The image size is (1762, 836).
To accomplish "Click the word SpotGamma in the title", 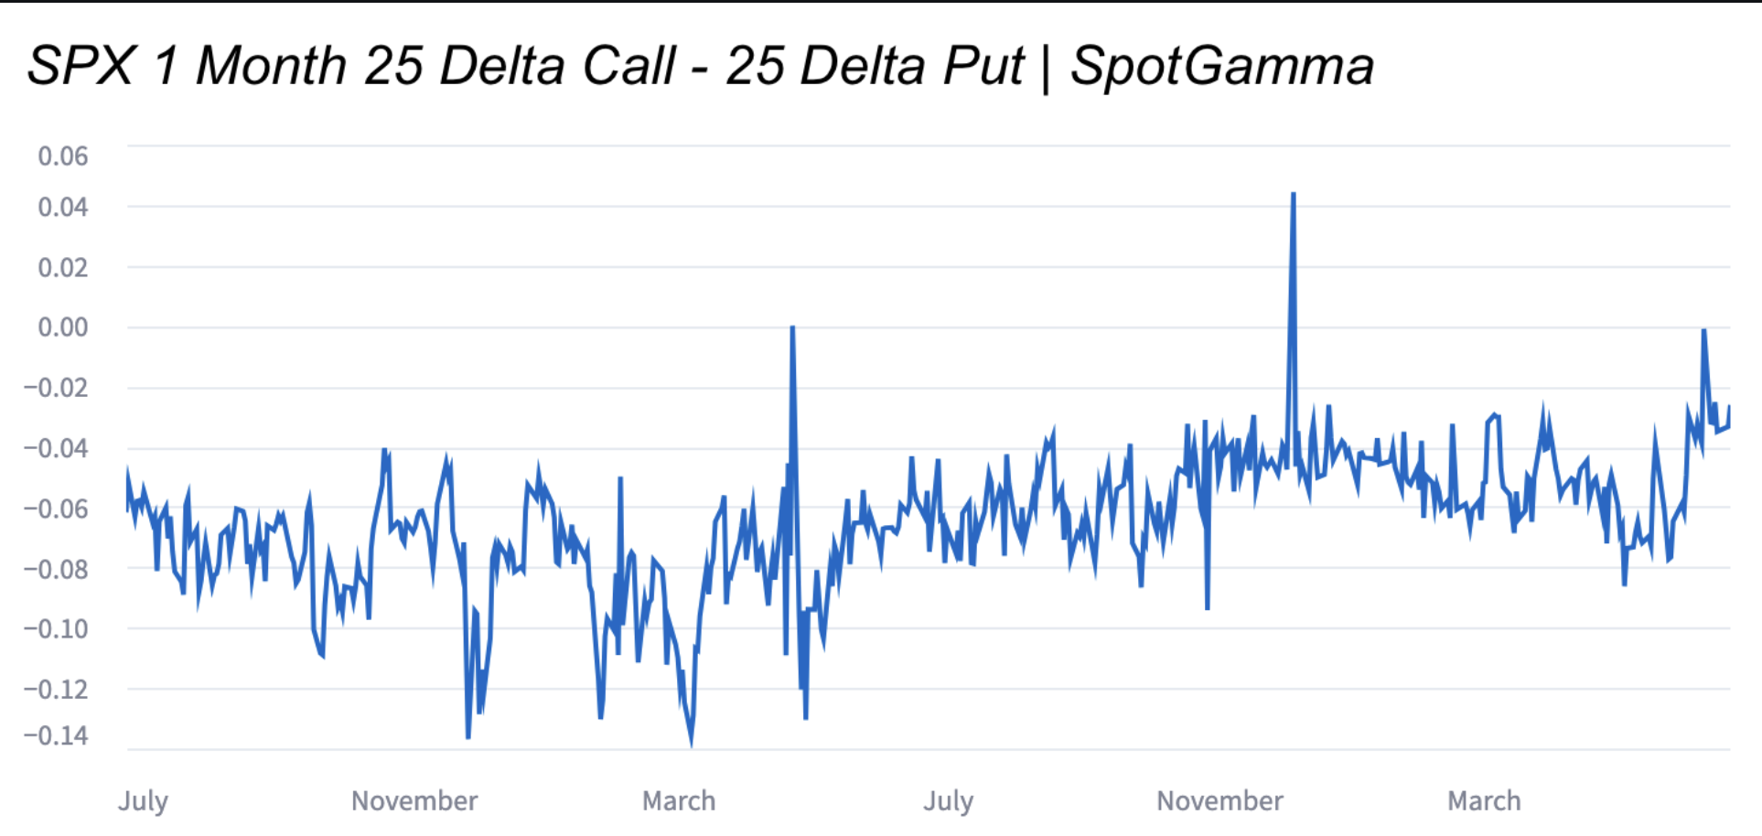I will tap(1221, 66).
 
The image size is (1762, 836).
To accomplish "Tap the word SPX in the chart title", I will tap(81, 66).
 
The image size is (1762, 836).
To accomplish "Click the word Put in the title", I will tap(983, 66).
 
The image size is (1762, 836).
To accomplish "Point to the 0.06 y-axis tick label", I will tap(63, 156).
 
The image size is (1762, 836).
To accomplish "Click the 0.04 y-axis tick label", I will tap(63, 208).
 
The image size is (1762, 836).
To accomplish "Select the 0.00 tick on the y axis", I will tap(63, 327).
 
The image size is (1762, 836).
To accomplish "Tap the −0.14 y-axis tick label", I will tap(57, 735).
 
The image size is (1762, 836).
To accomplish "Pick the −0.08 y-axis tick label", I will tap(57, 569).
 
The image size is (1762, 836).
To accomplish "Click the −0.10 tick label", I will tap(57, 629).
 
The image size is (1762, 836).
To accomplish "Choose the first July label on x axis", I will tap(143, 801).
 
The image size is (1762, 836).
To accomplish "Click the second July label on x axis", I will tap(948, 801).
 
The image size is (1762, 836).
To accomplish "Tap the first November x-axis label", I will tap(414, 801).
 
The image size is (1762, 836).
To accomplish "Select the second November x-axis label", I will tap(1219, 801).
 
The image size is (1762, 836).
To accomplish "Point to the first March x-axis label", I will tap(679, 801).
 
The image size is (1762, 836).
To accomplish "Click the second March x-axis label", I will tap(1484, 801).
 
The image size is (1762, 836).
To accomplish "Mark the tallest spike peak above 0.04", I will tap(1293, 194).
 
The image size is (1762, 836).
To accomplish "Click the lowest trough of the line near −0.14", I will tap(691, 745).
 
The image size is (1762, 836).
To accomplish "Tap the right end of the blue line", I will tap(1729, 407).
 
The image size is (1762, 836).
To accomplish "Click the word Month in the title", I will tap(271, 66).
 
